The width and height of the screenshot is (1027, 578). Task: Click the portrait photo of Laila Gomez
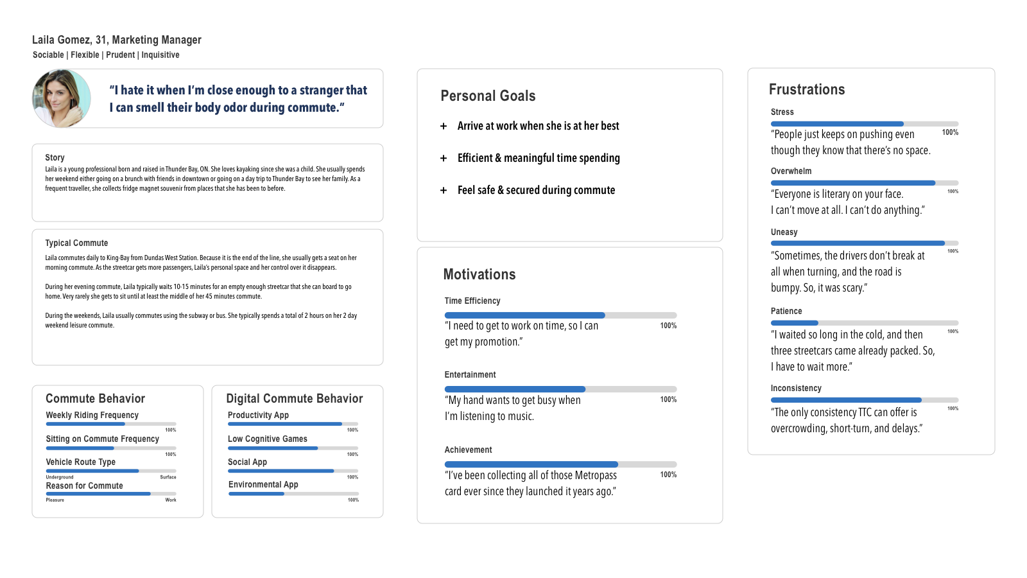coord(62,98)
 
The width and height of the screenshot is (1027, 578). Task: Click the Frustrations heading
coord(807,90)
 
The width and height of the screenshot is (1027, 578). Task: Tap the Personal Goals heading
coord(488,96)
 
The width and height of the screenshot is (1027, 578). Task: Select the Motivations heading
coord(479,275)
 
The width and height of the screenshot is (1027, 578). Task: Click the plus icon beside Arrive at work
coord(444,127)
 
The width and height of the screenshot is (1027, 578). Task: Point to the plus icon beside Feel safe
coord(444,191)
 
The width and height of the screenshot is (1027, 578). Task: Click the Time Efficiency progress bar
coord(560,315)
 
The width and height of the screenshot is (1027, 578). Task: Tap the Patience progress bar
coord(864,323)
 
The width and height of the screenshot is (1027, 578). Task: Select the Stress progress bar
coord(864,124)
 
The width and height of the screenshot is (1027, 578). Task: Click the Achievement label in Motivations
coord(468,450)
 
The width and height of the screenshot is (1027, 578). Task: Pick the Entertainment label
coord(470,375)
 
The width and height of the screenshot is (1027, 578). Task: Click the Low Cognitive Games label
coord(267,439)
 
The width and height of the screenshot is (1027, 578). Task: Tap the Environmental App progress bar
coord(293,494)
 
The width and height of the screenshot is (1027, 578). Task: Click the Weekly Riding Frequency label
coord(92,416)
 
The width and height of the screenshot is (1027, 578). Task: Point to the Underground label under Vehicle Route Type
coord(60,477)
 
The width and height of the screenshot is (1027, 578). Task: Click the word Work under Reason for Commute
coord(171,500)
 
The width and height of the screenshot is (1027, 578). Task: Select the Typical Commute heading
coord(76,243)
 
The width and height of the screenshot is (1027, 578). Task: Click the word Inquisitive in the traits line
coord(160,55)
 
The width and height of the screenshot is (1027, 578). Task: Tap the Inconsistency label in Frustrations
coord(796,389)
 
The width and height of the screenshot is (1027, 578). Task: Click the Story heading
coord(55,158)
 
